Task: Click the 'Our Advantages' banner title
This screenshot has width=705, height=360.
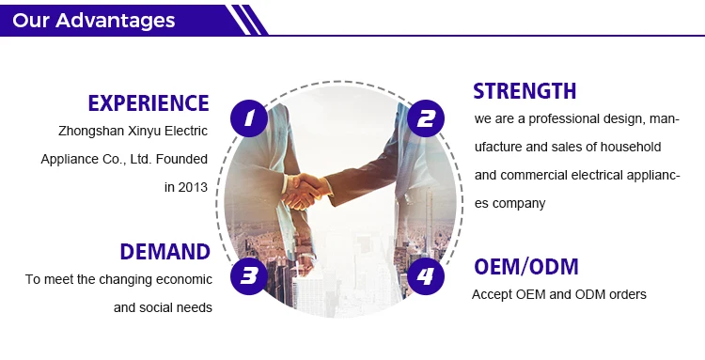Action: tap(93, 21)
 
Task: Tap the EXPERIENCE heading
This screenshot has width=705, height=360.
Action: tap(149, 103)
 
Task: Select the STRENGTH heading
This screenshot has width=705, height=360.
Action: tap(525, 91)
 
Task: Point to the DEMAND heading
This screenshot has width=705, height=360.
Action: tap(165, 252)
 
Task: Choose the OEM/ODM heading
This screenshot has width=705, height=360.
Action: tap(526, 267)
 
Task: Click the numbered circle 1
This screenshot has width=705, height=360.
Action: tap(249, 118)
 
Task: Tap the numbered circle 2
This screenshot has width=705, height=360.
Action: tap(426, 118)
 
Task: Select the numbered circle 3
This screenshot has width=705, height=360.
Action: tap(249, 276)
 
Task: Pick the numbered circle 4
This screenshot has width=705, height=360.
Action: tap(426, 276)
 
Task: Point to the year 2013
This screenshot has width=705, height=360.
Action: tap(193, 187)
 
